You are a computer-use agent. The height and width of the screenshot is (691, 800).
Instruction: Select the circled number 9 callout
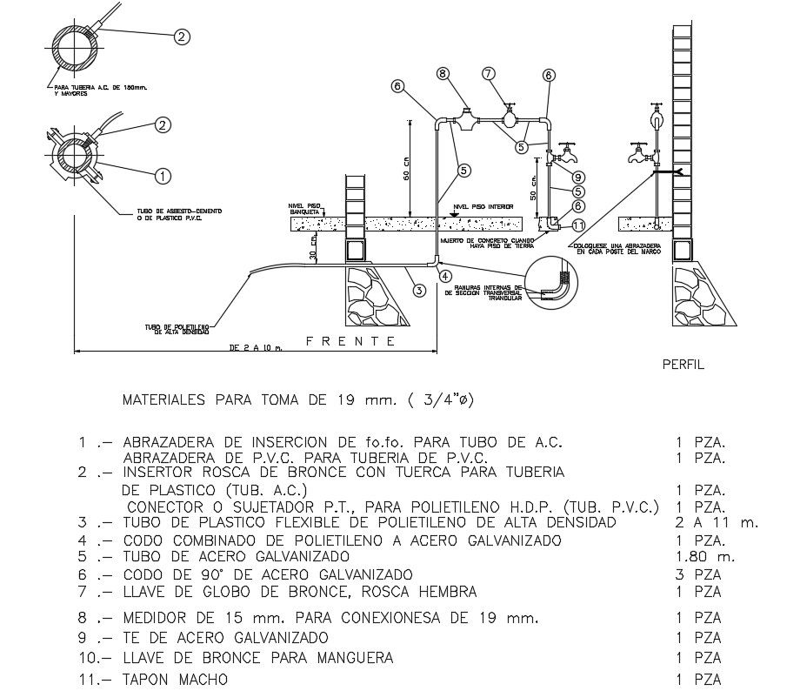pos(577,176)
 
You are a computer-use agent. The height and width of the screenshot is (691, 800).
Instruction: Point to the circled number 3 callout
pos(418,290)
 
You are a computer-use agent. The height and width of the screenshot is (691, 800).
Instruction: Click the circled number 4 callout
pos(445,276)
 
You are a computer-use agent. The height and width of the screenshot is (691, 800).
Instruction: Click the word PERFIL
pos(683,366)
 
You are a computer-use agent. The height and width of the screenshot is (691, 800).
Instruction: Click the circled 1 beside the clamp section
pos(161,176)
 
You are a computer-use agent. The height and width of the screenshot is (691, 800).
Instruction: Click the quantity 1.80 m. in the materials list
pos(700,557)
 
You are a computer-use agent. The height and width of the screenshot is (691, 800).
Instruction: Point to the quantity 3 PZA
pos(698,574)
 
